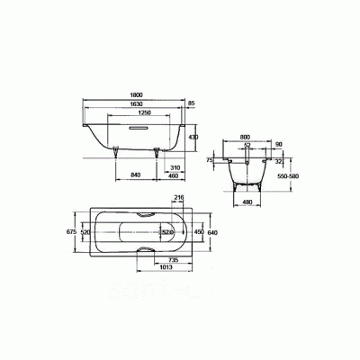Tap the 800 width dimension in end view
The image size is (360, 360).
(x=246, y=139)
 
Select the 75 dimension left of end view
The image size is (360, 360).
(x=210, y=159)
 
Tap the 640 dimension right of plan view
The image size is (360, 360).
(x=213, y=232)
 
